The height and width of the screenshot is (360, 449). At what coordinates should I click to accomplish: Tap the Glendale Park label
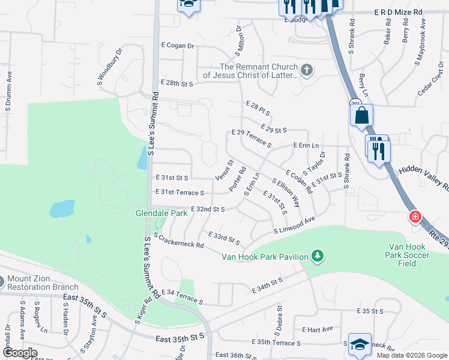pos(161,213)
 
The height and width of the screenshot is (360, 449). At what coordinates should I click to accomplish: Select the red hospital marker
pos(414,217)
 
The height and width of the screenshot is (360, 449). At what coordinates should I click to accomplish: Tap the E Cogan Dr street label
pos(178,46)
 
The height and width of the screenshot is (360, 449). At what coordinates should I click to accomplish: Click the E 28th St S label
pos(176,83)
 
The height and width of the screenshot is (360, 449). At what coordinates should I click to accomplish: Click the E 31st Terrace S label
pos(181,193)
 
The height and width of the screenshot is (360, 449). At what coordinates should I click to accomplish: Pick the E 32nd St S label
pos(208,209)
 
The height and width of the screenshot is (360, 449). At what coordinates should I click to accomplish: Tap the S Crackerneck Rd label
pos(179,241)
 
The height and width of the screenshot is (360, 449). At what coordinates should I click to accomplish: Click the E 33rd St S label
pos(224,238)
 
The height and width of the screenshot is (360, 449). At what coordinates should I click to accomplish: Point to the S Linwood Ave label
pos(295,225)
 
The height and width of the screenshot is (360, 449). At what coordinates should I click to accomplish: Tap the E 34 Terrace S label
pos(182,296)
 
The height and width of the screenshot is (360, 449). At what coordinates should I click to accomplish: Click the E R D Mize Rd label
pos(399,12)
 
